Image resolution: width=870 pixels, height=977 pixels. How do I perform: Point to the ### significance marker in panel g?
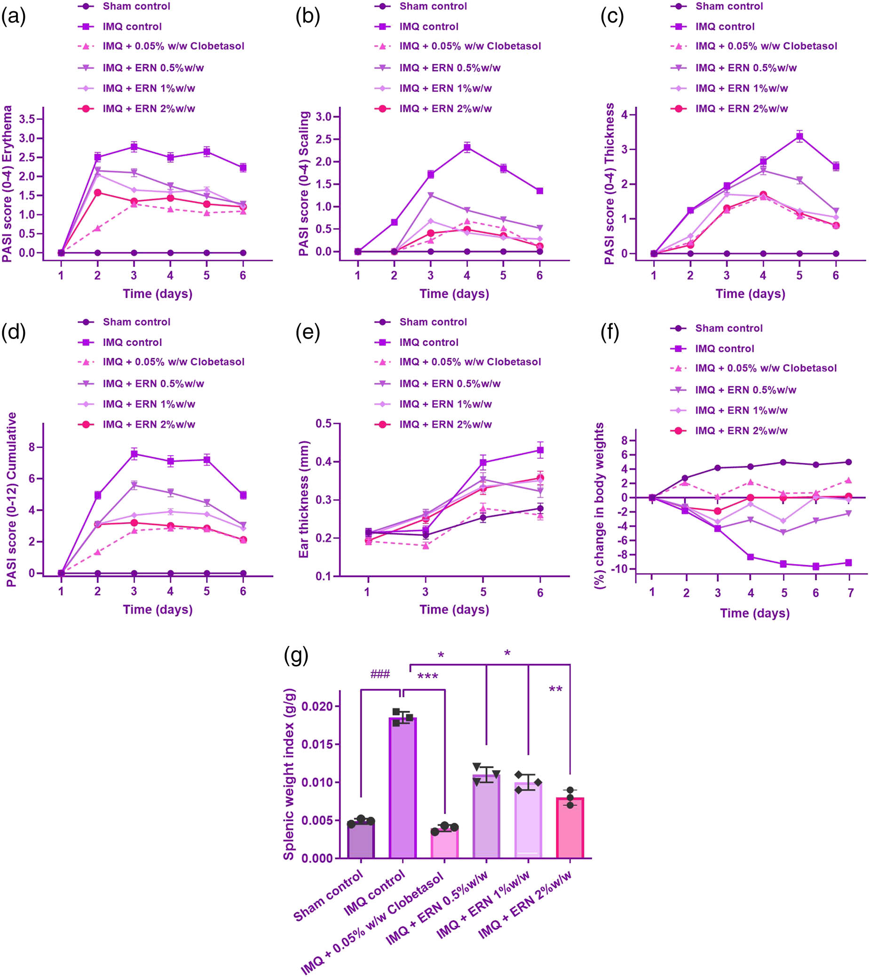coord(380,674)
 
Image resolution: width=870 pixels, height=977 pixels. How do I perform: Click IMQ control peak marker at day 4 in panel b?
coord(467,147)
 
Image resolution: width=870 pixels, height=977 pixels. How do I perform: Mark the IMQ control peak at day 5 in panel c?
coord(799,137)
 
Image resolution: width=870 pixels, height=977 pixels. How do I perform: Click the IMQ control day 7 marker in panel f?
coord(848,563)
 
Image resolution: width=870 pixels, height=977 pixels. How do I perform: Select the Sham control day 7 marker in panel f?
coord(848,462)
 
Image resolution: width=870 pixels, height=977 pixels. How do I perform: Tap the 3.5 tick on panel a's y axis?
coord(28,119)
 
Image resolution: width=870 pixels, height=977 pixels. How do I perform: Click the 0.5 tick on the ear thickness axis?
coord(324,424)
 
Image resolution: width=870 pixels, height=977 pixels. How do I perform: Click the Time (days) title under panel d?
coord(158,609)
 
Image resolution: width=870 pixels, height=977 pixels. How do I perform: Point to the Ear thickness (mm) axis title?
coord(303,499)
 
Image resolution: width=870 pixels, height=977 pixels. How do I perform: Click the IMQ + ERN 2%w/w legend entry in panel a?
coord(149,109)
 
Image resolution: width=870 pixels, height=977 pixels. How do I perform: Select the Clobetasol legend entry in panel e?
coord(470,362)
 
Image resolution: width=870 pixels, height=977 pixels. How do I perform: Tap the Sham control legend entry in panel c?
coord(729,6)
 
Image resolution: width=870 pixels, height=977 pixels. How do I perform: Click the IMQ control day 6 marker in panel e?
coord(540,450)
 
